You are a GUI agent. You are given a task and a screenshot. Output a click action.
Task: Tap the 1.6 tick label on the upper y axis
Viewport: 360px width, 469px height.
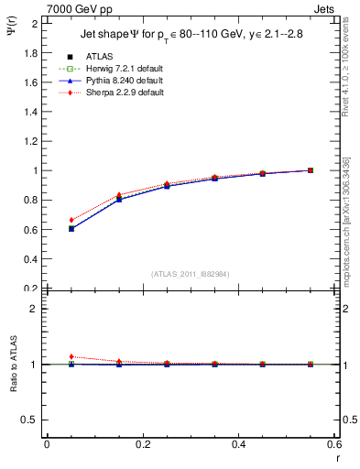30,82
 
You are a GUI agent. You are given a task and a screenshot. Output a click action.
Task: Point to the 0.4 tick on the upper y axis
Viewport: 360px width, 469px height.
30,258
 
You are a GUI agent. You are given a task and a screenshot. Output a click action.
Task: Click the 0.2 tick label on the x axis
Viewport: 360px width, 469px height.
142,444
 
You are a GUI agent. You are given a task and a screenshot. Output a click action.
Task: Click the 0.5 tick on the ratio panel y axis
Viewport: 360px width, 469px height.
30,420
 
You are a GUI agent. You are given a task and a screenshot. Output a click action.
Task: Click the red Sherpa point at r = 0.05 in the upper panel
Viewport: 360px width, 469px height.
71,220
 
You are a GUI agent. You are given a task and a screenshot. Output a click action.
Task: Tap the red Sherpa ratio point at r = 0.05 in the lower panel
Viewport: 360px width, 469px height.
71,356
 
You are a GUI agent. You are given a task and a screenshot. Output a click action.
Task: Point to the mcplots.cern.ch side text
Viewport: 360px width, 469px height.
347,229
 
